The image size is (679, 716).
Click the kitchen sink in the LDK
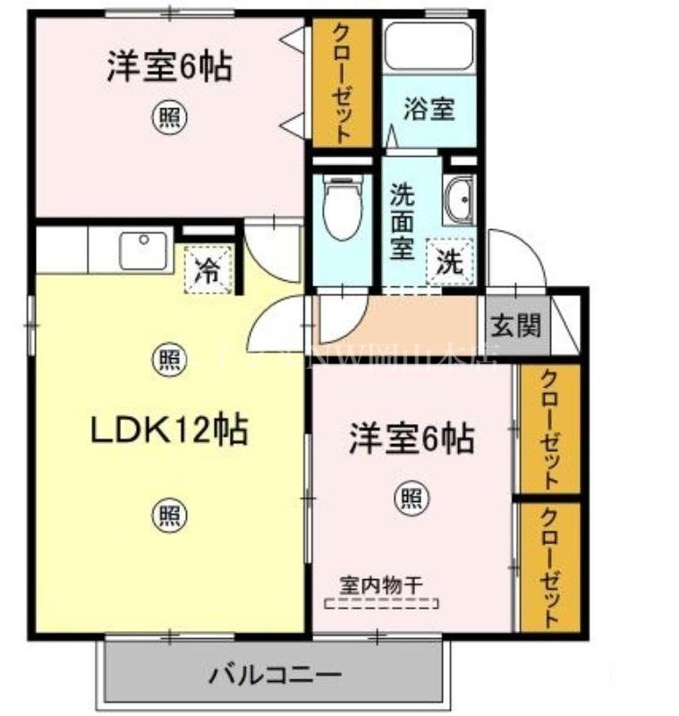pyautogui.click(x=144, y=251)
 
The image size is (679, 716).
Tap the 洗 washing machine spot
pyautogui.click(x=449, y=262)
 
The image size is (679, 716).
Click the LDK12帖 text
pyautogui.click(x=169, y=430)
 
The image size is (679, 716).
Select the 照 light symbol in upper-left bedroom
pyautogui.click(x=167, y=117)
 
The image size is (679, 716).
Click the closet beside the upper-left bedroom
pyautogui.click(x=341, y=82)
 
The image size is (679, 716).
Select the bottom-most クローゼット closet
pyautogui.click(x=549, y=566)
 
